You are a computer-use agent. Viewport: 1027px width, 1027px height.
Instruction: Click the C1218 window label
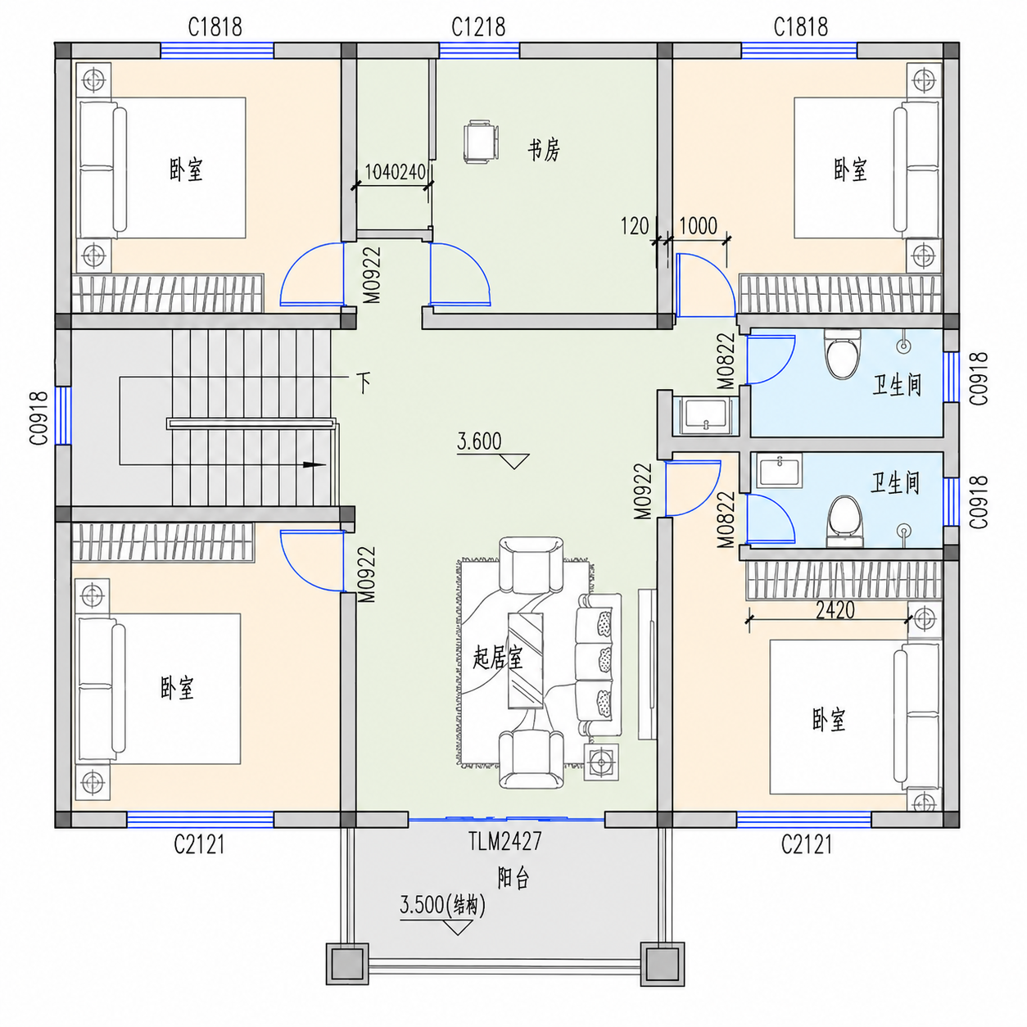[477, 27]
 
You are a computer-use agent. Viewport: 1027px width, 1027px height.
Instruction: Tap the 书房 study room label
[544, 151]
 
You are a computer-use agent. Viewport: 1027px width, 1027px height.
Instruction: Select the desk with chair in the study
[482, 142]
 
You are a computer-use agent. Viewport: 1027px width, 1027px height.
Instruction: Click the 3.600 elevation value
[479, 441]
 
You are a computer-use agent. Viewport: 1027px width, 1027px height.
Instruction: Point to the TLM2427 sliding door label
[504, 842]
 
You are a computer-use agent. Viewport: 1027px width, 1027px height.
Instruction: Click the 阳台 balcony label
[513, 878]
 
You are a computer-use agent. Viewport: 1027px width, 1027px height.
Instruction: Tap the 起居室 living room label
[498, 658]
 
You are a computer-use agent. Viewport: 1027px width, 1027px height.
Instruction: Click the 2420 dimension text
[835, 610]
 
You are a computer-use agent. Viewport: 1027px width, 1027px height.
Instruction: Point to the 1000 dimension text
[698, 227]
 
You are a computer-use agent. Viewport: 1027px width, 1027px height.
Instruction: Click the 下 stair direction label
[364, 382]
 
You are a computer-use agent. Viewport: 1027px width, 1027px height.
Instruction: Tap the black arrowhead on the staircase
[314, 464]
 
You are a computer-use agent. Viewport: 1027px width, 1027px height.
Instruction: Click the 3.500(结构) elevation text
[442, 905]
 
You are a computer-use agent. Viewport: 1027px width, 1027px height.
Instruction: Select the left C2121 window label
[199, 844]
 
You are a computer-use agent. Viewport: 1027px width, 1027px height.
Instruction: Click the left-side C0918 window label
[39, 418]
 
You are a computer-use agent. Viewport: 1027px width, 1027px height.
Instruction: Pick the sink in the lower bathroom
[780, 471]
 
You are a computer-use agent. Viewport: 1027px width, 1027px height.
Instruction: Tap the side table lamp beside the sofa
[602, 762]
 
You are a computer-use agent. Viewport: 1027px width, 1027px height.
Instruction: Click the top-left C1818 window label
[215, 27]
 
